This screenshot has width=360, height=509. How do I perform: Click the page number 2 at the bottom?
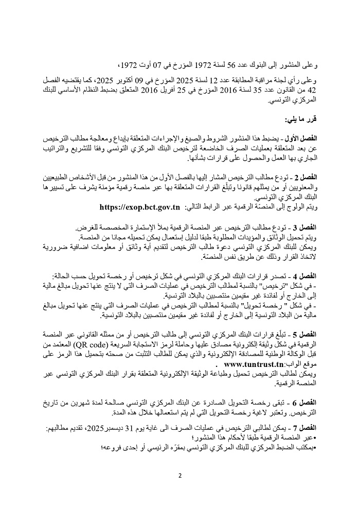180,475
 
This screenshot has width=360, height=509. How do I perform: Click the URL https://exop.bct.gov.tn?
139,207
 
